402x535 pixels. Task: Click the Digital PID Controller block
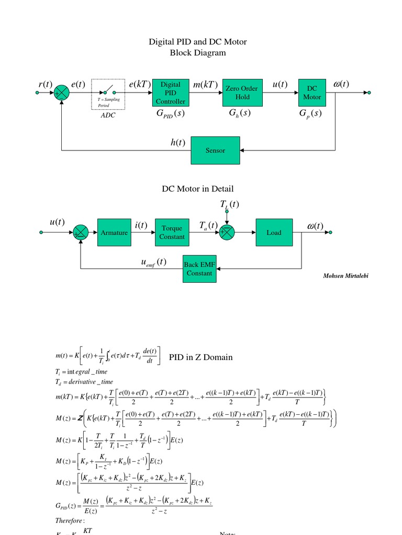[x=170, y=92]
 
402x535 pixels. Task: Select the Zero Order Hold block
[x=242, y=92]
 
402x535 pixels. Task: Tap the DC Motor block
[x=312, y=92]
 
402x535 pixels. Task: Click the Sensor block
[x=215, y=150]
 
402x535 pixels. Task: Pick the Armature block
[x=114, y=232]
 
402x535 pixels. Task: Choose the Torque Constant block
[x=172, y=232]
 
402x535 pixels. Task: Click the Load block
[x=274, y=232]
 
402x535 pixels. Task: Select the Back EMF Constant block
[x=199, y=269]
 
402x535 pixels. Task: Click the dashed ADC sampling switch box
[x=108, y=95]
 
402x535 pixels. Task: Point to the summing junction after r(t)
[x=61, y=93]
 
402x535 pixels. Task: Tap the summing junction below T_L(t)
[x=227, y=232]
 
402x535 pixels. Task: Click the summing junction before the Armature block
[x=81, y=232]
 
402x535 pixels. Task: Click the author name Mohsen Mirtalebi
[x=345, y=276]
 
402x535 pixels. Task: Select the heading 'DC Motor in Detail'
[x=198, y=189]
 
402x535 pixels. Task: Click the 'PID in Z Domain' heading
[x=200, y=357]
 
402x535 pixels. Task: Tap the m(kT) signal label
[x=205, y=85]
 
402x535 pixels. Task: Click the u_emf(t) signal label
[x=153, y=262]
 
